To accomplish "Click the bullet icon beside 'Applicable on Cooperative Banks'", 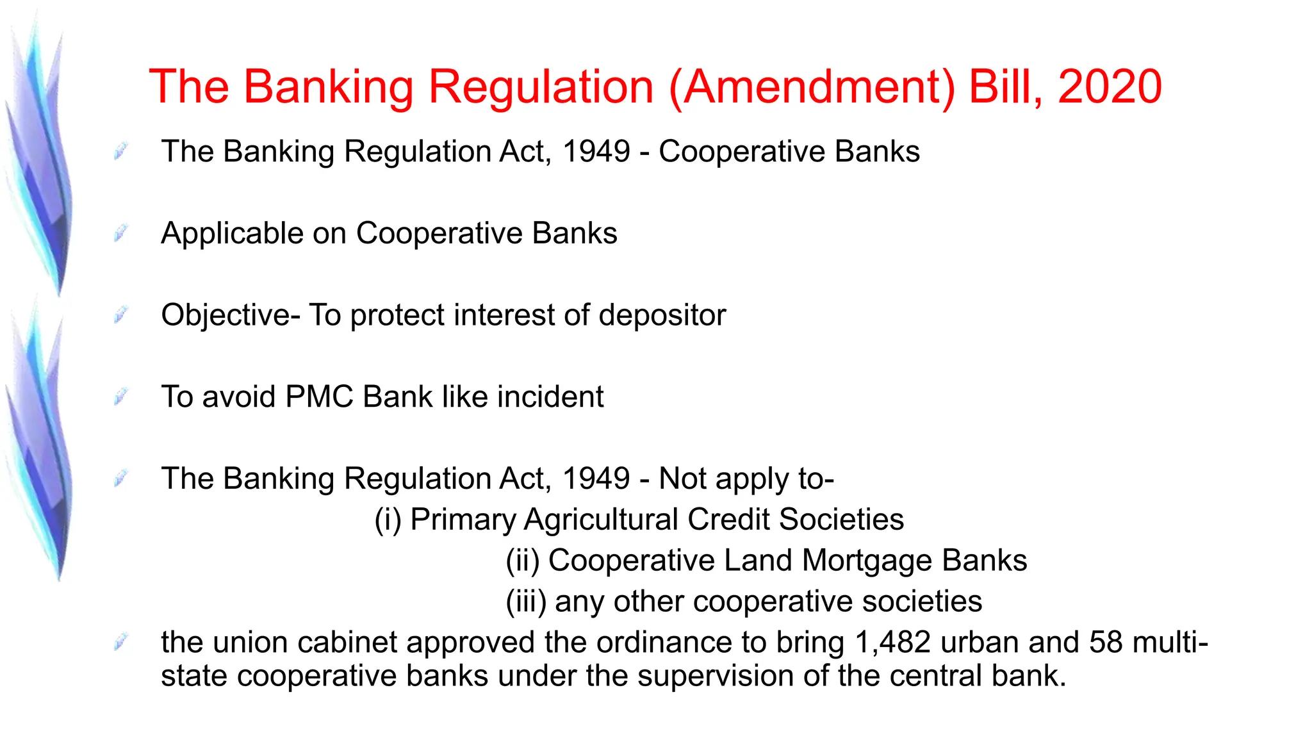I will (120, 233).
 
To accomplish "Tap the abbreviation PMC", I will (319, 397).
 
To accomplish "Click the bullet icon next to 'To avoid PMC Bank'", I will (120, 397).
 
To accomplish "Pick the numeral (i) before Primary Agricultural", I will (388, 520).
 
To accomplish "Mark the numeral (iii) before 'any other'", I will (526, 602).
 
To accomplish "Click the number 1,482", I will (892, 643).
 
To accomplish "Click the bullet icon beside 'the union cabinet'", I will (120, 641).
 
